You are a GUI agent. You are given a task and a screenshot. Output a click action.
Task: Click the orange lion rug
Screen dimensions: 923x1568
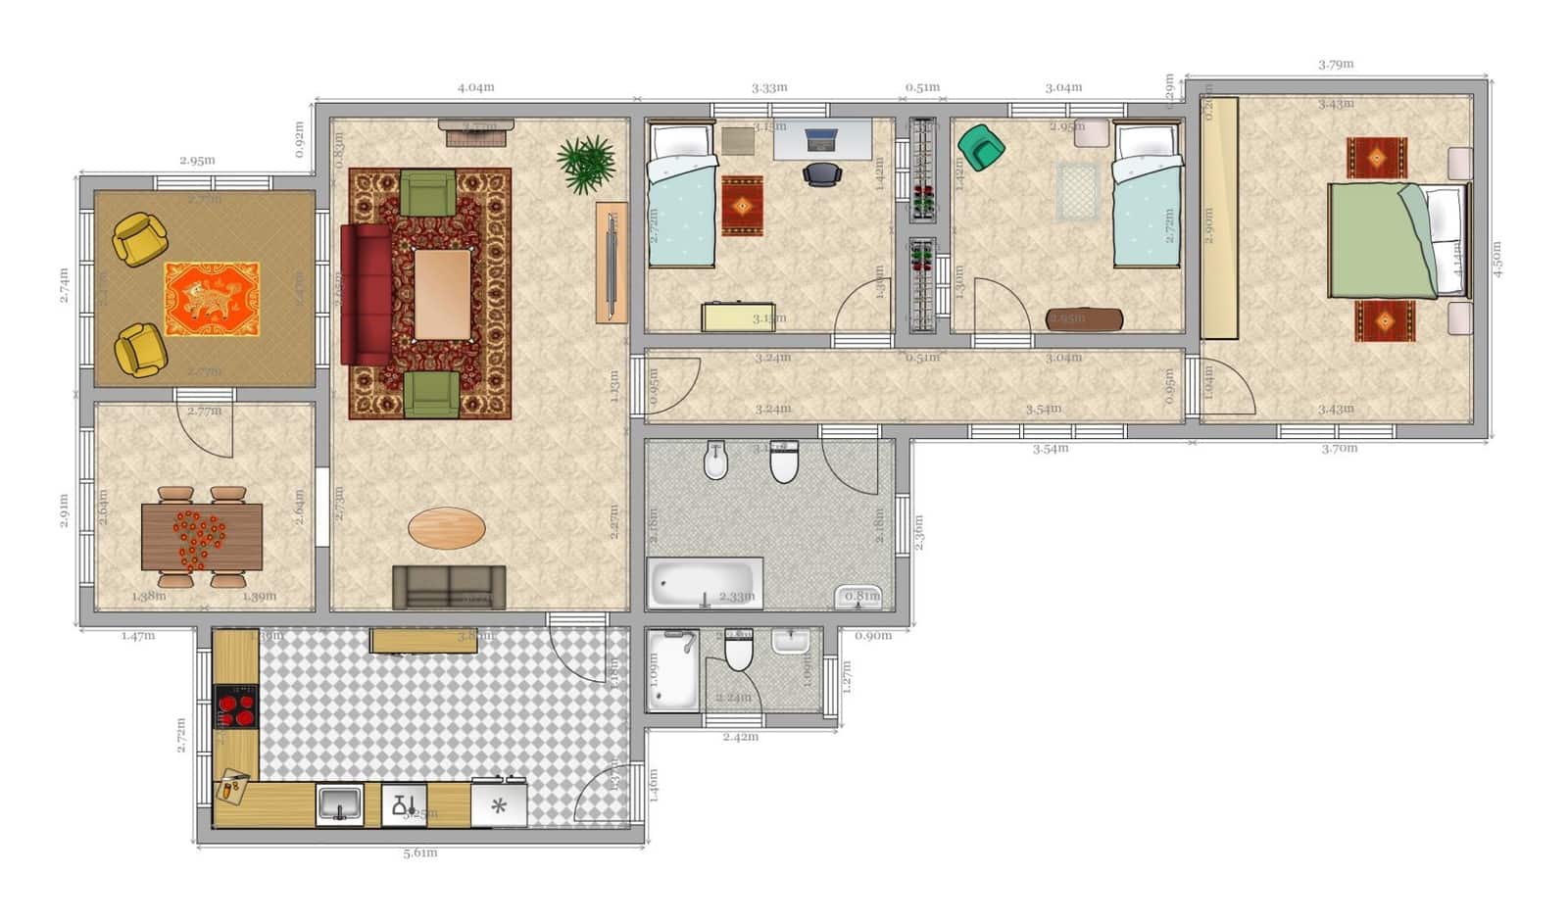[x=212, y=299]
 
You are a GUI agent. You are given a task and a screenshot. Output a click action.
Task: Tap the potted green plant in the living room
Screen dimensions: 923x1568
[x=586, y=163]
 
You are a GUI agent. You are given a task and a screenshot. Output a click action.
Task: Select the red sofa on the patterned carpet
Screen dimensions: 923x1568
[x=366, y=294]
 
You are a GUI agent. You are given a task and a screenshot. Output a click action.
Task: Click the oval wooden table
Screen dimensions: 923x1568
[x=446, y=528]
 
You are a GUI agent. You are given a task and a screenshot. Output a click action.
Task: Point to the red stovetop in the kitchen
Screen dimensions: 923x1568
[x=236, y=706]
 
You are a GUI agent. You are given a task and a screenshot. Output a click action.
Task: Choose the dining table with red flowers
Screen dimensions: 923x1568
[x=201, y=536]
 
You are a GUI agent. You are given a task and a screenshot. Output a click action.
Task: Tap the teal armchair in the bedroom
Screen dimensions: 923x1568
[x=980, y=147]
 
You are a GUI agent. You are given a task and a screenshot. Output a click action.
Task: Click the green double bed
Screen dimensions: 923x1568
[x=1382, y=240]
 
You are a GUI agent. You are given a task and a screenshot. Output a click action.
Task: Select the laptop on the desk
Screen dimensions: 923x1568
[x=821, y=140]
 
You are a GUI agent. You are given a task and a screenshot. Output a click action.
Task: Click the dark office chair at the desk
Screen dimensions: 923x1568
[x=821, y=173]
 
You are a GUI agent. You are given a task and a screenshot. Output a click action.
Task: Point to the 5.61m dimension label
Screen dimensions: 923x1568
[x=419, y=853]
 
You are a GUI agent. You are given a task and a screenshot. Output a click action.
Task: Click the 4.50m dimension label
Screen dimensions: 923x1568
[x=1497, y=260]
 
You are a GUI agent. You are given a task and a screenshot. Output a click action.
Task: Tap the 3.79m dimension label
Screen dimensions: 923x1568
[x=1336, y=65]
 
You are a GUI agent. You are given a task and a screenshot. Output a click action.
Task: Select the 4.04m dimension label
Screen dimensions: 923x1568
[x=475, y=87]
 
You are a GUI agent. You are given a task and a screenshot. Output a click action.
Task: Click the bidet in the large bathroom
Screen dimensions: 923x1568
[x=716, y=461]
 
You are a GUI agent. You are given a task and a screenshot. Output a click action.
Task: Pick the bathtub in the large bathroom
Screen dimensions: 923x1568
[x=704, y=584]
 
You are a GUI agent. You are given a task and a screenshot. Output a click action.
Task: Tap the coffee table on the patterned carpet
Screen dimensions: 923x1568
[x=442, y=294]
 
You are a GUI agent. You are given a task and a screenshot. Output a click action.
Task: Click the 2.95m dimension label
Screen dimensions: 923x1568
[x=197, y=161]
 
